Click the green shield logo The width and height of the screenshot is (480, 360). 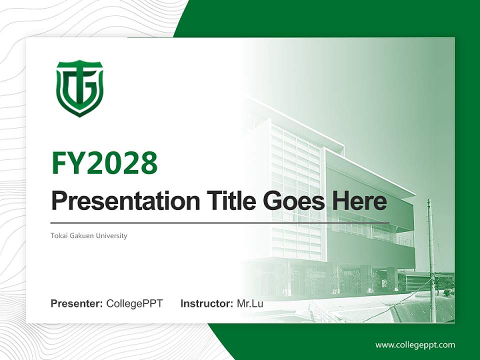(79, 88)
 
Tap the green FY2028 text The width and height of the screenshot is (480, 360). (104, 163)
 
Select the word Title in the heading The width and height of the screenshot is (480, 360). (227, 201)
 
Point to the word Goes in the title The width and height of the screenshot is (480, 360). (292, 201)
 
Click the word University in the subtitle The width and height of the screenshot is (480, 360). (112, 235)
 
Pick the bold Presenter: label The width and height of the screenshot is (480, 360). (77, 303)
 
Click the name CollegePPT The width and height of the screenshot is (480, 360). (134, 303)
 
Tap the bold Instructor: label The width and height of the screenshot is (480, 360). (207, 303)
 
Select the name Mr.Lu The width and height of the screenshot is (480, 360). (250, 303)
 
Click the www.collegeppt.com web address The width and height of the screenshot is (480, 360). (415, 345)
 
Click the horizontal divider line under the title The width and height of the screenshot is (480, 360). (220, 222)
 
